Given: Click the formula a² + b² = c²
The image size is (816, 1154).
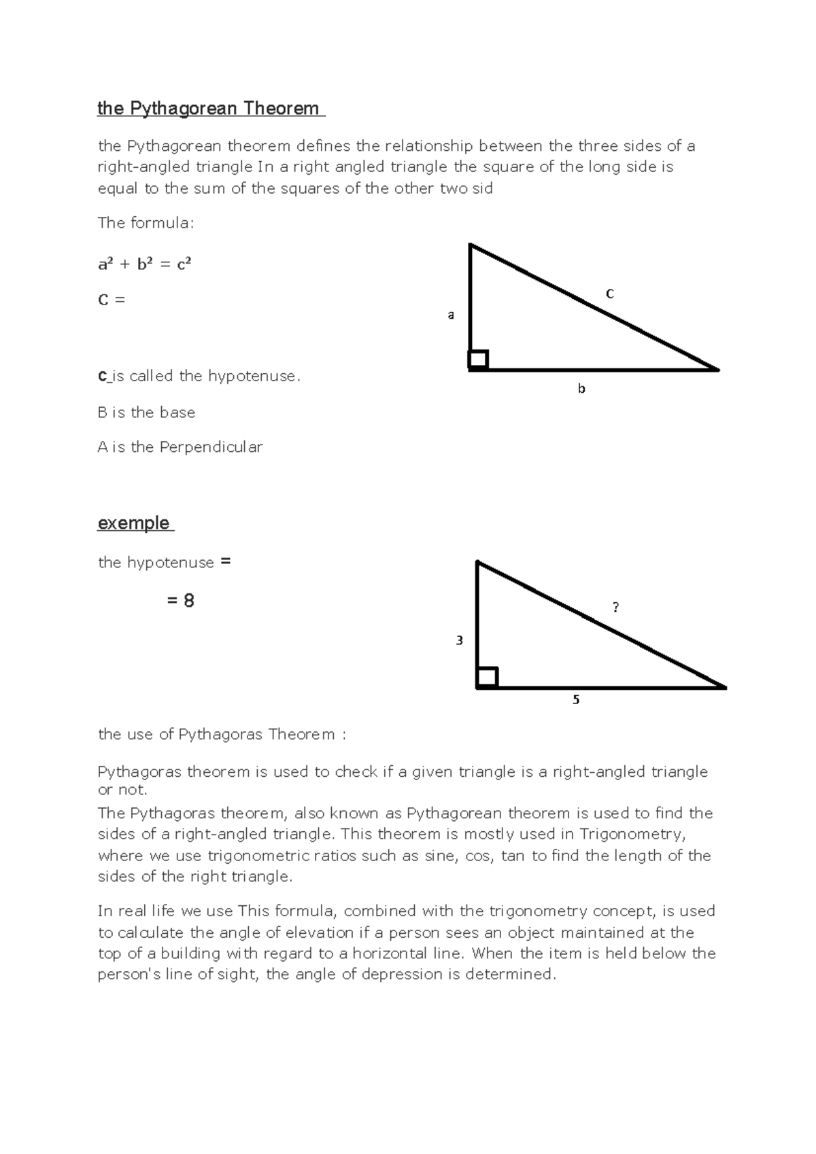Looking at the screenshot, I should [145, 264].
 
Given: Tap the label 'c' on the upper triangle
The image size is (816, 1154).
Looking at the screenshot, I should [610, 294].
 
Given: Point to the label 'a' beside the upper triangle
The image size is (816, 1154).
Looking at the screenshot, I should [450, 315].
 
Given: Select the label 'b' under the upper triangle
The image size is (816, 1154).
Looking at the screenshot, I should [581, 389].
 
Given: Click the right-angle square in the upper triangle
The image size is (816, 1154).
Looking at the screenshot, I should [479, 360].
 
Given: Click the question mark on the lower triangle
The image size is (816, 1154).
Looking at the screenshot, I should [616, 608].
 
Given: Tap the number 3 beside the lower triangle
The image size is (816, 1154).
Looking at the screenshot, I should [460, 640].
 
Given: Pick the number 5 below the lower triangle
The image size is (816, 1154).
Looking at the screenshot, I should [576, 700].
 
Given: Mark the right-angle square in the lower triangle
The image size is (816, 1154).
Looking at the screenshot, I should [487, 678].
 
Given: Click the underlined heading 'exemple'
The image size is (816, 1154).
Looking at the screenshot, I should [134, 523].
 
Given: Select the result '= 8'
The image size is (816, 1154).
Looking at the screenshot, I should [181, 601].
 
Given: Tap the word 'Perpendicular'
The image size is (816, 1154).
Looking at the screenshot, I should [211, 447].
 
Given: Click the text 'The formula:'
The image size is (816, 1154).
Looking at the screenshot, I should [146, 223].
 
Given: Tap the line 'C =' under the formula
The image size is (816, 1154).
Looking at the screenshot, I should [112, 300].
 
